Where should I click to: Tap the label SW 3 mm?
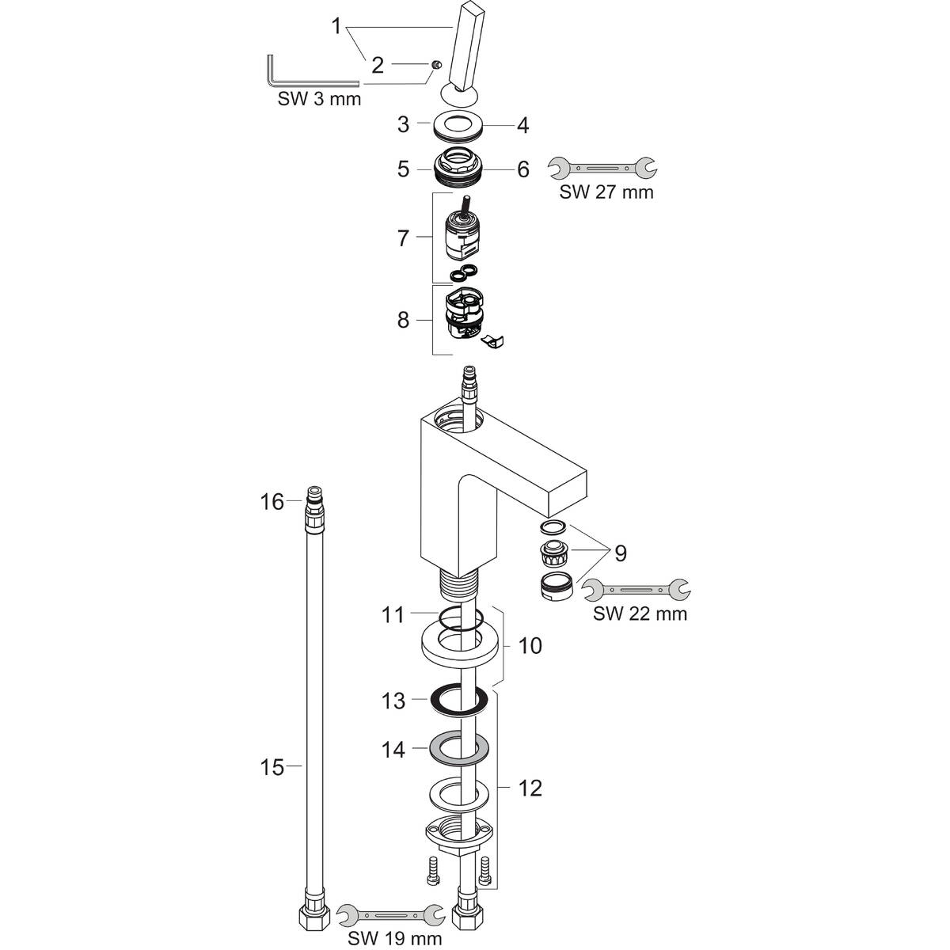(x=319, y=99)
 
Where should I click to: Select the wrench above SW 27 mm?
(x=602, y=168)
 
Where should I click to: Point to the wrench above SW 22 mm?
(x=636, y=590)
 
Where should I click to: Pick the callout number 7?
(x=403, y=238)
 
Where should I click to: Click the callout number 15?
(x=272, y=768)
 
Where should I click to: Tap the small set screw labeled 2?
(x=435, y=64)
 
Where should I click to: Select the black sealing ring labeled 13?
(x=458, y=699)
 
